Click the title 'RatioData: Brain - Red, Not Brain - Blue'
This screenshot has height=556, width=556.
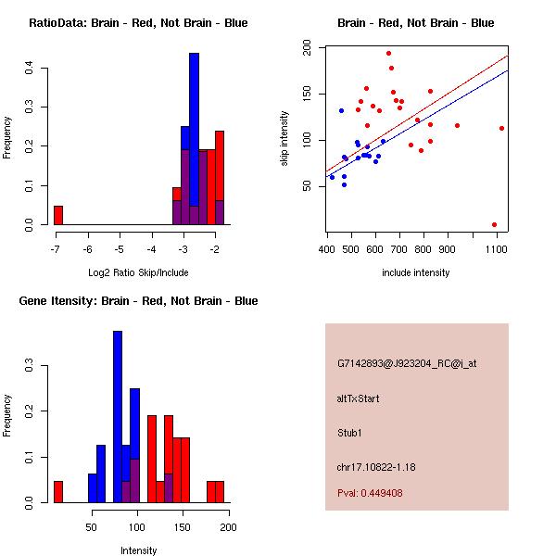tap(137, 23)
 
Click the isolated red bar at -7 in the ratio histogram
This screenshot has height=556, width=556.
tap(58, 215)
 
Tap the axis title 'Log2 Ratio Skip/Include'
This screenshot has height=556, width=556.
tap(137, 272)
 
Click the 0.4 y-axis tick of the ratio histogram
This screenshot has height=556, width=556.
tap(31, 68)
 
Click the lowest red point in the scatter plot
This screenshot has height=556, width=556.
tap(494, 224)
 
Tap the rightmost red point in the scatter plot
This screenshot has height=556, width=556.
tap(501, 128)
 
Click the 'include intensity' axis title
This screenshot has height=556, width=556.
tap(416, 272)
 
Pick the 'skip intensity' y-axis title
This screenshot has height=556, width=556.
tap(285, 139)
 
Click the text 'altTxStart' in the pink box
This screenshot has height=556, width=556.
tap(358, 398)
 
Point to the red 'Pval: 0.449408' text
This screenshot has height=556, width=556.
tap(383, 493)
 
